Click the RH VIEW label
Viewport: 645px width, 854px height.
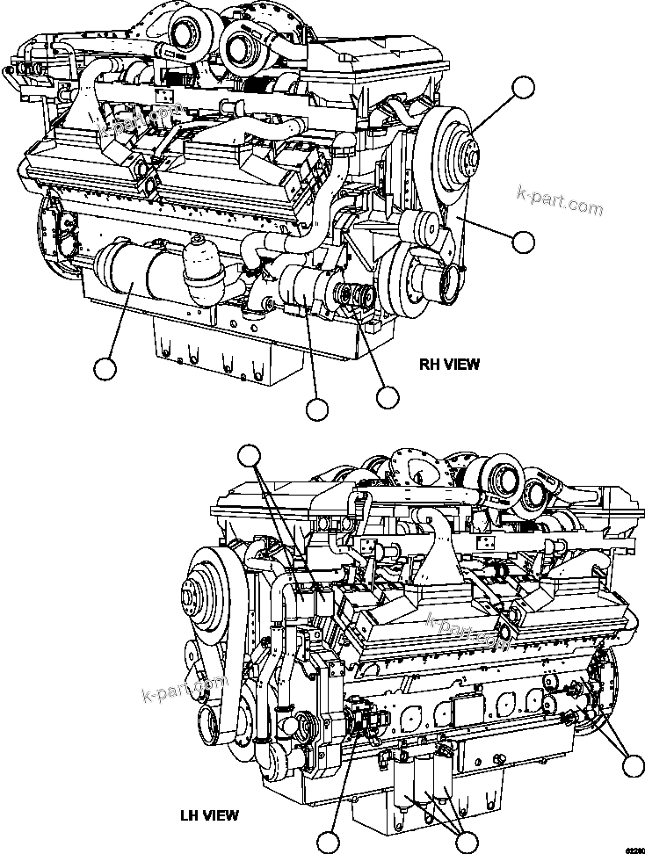(x=449, y=364)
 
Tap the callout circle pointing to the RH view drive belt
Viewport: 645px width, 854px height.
(x=524, y=242)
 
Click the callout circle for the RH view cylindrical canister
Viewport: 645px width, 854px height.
(x=105, y=369)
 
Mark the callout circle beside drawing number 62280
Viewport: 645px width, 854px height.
(x=631, y=765)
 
